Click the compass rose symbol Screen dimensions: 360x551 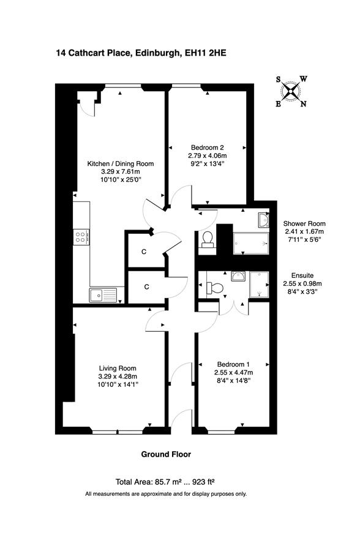coord(291,91)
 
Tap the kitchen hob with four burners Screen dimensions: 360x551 coord(81,237)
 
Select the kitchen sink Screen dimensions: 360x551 coord(103,295)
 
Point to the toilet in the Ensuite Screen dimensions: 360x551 coord(215,288)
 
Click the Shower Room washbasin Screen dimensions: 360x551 coord(263,220)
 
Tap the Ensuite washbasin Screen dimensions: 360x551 coord(238,275)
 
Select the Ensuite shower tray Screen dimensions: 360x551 coord(259,284)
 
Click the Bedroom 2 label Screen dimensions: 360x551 coord(207,148)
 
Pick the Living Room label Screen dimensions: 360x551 coord(118,369)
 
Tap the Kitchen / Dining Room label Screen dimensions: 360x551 coord(120,163)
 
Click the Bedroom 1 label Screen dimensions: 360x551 coord(233,364)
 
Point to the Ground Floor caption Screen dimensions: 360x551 coord(166,454)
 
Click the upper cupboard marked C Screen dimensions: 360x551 coord(144,252)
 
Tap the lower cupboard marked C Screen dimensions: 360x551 coord(146,287)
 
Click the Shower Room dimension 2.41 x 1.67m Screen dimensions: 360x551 coord(304,231)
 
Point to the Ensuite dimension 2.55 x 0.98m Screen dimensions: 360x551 coord(302,283)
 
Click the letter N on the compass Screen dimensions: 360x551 coord(304,103)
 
